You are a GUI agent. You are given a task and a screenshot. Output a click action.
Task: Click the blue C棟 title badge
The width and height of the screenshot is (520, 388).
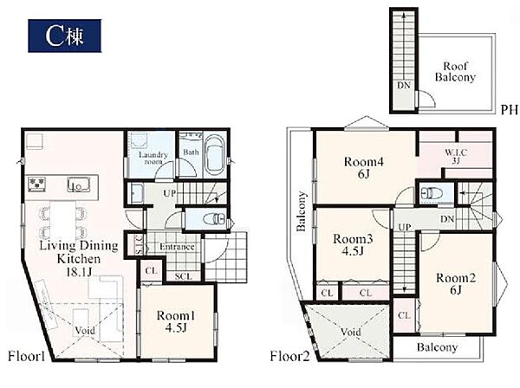pos(65,36)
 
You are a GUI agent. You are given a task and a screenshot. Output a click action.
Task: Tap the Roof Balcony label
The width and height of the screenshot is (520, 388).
pos(455,72)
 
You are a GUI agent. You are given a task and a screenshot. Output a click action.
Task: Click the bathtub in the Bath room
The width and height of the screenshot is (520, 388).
pos(215,155)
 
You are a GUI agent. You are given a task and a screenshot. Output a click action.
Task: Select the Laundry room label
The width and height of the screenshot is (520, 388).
pos(153,158)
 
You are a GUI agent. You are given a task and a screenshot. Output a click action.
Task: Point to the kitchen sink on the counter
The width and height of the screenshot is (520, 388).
pos(78,184)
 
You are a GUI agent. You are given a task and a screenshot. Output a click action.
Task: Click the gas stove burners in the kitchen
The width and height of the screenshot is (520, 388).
pos(36,184)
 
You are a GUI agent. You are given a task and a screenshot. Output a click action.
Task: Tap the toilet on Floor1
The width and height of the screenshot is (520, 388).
pos(214,219)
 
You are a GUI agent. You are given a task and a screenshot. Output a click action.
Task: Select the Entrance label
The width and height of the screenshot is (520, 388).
pos(177,247)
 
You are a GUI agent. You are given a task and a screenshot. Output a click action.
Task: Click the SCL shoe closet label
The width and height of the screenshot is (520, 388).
pos(183,276)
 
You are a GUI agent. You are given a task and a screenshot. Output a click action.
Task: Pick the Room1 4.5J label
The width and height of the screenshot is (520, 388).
pos(176,321)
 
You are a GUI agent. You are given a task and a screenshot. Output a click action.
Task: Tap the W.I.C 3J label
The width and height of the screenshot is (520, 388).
pos(456,157)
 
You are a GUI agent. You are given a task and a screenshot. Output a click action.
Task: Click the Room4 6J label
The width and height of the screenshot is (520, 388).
pos(364,167)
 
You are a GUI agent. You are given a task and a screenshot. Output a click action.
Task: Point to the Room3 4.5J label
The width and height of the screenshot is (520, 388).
pos(353,244)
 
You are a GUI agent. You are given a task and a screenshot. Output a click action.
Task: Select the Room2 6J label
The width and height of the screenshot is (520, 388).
pos(456,283)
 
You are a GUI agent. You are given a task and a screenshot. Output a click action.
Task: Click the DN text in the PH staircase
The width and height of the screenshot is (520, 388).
pos(404,86)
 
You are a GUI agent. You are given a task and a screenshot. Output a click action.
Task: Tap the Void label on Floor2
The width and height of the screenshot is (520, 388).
pos(350,332)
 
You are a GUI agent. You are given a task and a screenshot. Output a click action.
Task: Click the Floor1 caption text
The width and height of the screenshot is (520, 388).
pos(26,357)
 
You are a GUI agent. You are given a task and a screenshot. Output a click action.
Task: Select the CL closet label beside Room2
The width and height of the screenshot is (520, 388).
pos(404,315)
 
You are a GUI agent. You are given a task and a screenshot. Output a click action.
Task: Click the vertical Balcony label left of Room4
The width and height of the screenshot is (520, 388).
pos(301,211)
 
